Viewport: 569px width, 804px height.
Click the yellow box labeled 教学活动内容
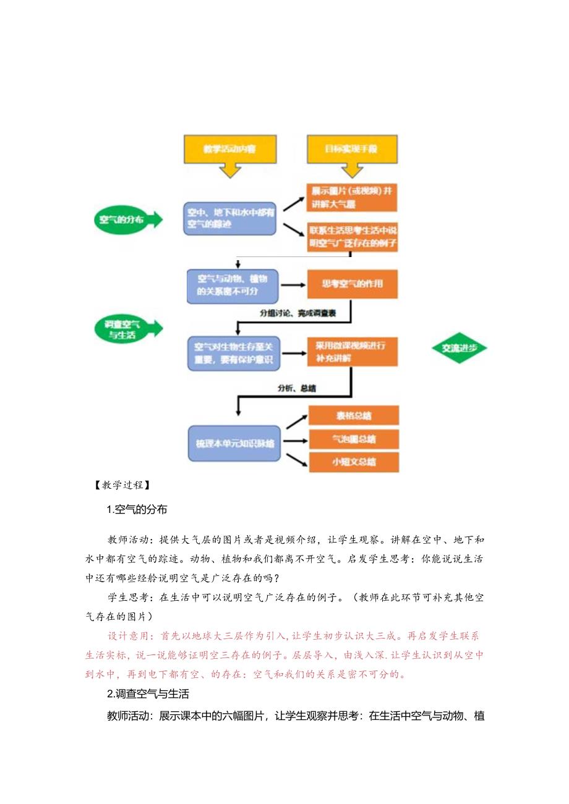[230, 150]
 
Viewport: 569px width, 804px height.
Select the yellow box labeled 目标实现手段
[351, 150]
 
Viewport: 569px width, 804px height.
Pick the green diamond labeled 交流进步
[459, 348]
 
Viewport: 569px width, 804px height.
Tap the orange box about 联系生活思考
[353, 237]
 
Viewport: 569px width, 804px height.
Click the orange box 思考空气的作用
[353, 284]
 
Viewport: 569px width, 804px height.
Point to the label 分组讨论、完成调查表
[297, 314]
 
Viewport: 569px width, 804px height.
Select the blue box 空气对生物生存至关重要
[233, 353]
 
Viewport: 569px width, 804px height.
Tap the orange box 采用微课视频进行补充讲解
[353, 352]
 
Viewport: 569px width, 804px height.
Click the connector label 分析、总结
[297, 389]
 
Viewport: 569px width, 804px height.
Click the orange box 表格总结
[354, 416]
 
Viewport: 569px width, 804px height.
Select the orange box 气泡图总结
[354, 439]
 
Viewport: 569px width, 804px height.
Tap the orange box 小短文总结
[354, 462]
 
